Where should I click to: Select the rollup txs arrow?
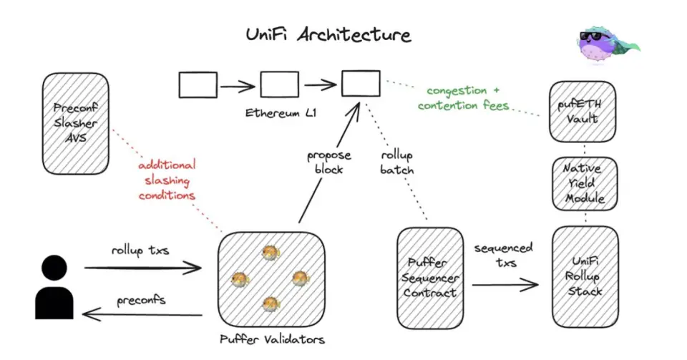point(143,268)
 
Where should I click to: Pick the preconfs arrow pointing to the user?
point(143,314)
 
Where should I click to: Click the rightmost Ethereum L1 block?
point(360,84)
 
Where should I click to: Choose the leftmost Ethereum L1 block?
point(198,85)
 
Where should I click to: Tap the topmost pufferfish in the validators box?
point(271,253)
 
